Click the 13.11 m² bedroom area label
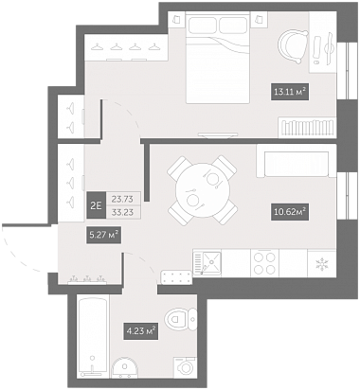pyautogui.click(x=290, y=92)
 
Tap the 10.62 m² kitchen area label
pyautogui.click(x=290, y=211)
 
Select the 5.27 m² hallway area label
pyautogui.click(x=104, y=235)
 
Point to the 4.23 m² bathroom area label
pyautogui.click(x=141, y=331)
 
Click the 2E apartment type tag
pyautogui.click(x=96, y=205)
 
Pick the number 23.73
pyautogui.click(x=122, y=199)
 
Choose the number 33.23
pyautogui.click(x=122, y=212)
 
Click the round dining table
pyautogui.click(x=203, y=190)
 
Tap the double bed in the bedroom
pyautogui.click(x=218, y=58)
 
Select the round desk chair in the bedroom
pyautogui.click(x=293, y=45)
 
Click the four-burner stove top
pyautogui.click(x=264, y=263)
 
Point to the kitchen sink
pyautogui.click(x=207, y=263)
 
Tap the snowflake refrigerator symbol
pyautogui.click(x=321, y=264)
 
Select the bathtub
pyautogui.click(x=93, y=336)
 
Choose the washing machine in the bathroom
pyautogui.click(x=186, y=367)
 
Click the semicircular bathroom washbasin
pyautogui.click(x=125, y=368)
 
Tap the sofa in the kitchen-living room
pyautogui.click(x=296, y=161)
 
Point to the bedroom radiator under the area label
pyautogui.click(x=307, y=128)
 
